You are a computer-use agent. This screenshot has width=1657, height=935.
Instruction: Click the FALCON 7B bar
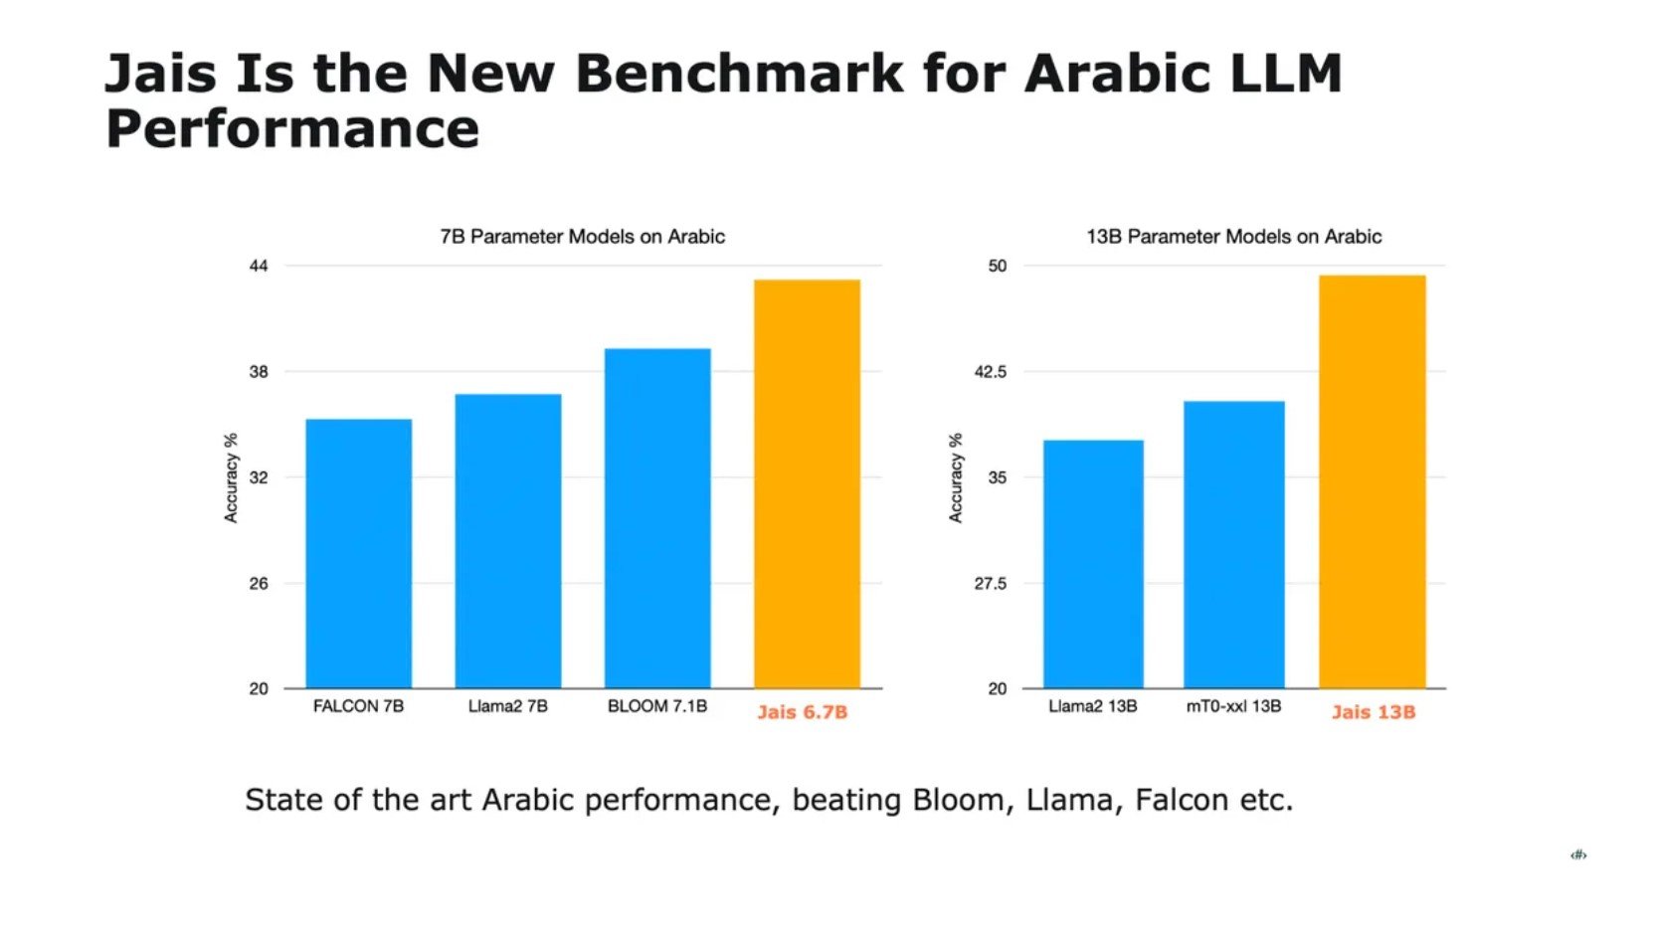(358, 553)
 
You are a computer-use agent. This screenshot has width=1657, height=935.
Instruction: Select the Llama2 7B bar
(507, 541)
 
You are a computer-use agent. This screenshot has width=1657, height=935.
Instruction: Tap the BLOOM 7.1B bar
(657, 518)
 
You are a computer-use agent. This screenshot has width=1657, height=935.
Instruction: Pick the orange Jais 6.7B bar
(807, 483)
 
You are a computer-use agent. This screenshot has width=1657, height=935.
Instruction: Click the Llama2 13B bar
(1093, 564)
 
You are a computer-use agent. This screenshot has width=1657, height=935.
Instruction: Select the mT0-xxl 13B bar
(1233, 544)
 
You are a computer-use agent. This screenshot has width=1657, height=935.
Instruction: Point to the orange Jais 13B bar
(1372, 481)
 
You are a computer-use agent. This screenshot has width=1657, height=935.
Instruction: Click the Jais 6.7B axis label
(802, 712)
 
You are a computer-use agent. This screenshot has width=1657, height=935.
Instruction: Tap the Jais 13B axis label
(1373, 712)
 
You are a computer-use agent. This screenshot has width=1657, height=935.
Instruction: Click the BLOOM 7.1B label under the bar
(657, 706)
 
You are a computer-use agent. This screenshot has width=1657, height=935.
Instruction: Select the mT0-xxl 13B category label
(1233, 706)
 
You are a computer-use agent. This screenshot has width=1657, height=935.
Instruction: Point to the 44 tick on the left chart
(259, 266)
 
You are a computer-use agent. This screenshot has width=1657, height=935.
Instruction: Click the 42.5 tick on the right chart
(990, 372)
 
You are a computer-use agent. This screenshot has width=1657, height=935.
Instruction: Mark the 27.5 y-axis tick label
(990, 584)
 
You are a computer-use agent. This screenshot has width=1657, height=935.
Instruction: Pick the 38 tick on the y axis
(259, 372)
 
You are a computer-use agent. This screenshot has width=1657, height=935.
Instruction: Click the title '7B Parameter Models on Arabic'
(582, 237)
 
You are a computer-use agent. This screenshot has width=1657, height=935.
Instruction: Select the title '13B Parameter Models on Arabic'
(1233, 237)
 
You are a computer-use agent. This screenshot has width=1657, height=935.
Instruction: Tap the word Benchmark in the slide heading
(739, 74)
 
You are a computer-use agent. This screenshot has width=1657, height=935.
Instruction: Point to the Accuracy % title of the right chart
(956, 477)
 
